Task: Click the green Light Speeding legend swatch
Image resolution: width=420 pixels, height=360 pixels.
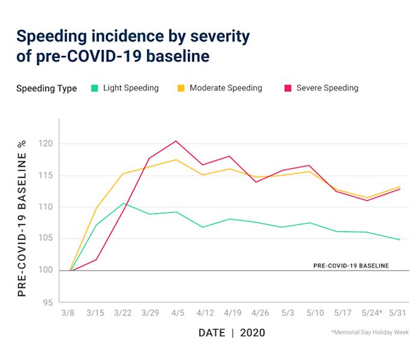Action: (x=95, y=88)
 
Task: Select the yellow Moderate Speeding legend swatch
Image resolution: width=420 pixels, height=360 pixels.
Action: (x=181, y=88)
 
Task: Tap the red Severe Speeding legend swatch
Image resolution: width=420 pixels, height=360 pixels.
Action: (x=287, y=88)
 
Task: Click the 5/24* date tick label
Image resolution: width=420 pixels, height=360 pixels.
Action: (x=372, y=314)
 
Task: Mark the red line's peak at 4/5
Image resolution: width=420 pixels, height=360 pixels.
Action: (x=175, y=141)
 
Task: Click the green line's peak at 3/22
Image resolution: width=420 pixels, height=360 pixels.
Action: (x=123, y=203)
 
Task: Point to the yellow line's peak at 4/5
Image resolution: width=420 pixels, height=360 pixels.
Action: (x=175, y=160)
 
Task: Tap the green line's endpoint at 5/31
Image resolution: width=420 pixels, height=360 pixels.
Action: (x=400, y=240)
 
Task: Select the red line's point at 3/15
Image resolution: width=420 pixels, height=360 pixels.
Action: (x=96, y=260)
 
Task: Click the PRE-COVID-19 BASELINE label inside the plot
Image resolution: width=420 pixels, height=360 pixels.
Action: (x=351, y=265)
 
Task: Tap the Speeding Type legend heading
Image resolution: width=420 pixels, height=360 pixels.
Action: (x=46, y=89)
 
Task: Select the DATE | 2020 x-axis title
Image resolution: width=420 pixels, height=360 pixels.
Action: (x=231, y=333)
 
